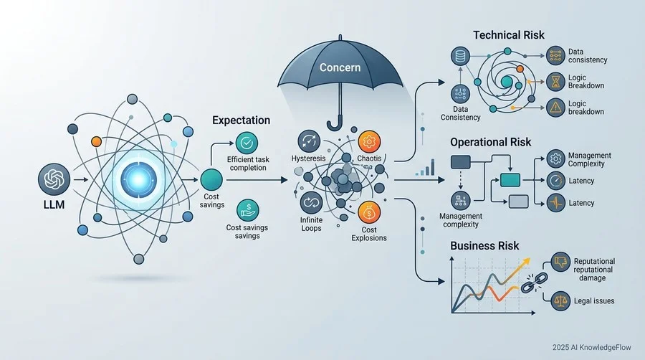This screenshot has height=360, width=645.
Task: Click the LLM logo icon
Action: pyautogui.click(x=54, y=179)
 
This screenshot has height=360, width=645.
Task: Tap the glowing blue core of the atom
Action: pyautogui.click(x=138, y=180)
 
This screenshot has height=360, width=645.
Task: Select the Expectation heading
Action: pyautogui.click(x=241, y=120)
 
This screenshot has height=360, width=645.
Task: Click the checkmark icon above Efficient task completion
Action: pyautogui.click(x=247, y=143)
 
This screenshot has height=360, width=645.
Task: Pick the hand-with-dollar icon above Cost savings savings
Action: pyautogui.click(x=248, y=210)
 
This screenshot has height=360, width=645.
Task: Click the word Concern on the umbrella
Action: pyautogui.click(x=340, y=67)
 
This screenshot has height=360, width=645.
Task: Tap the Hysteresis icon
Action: pyautogui.click(x=309, y=141)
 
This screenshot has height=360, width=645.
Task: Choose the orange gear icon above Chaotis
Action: pyautogui.click(x=369, y=142)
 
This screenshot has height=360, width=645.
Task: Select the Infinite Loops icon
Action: pyautogui.click(x=312, y=203)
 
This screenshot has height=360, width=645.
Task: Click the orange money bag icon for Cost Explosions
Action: pyautogui.click(x=369, y=213)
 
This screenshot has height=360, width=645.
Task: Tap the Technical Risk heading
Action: pyautogui.click(x=508, y=35)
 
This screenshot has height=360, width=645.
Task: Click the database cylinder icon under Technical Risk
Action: pyautogui.click(x=460, y=56)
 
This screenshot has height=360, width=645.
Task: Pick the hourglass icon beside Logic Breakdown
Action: pyautogui.click(x=555, y=82)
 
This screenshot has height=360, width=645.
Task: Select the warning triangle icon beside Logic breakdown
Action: pyautogui.click(x=555, y=108)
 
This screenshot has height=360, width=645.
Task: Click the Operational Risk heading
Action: pyautogui.click(x=490, y=143)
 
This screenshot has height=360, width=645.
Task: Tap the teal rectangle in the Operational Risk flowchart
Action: pyautogui.click(x=510, y=180)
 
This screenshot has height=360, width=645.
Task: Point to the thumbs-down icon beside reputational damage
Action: pyautogui.click(x=560, y=262)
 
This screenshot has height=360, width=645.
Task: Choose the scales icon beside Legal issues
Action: pyautogui.click(x=560, y=300)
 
